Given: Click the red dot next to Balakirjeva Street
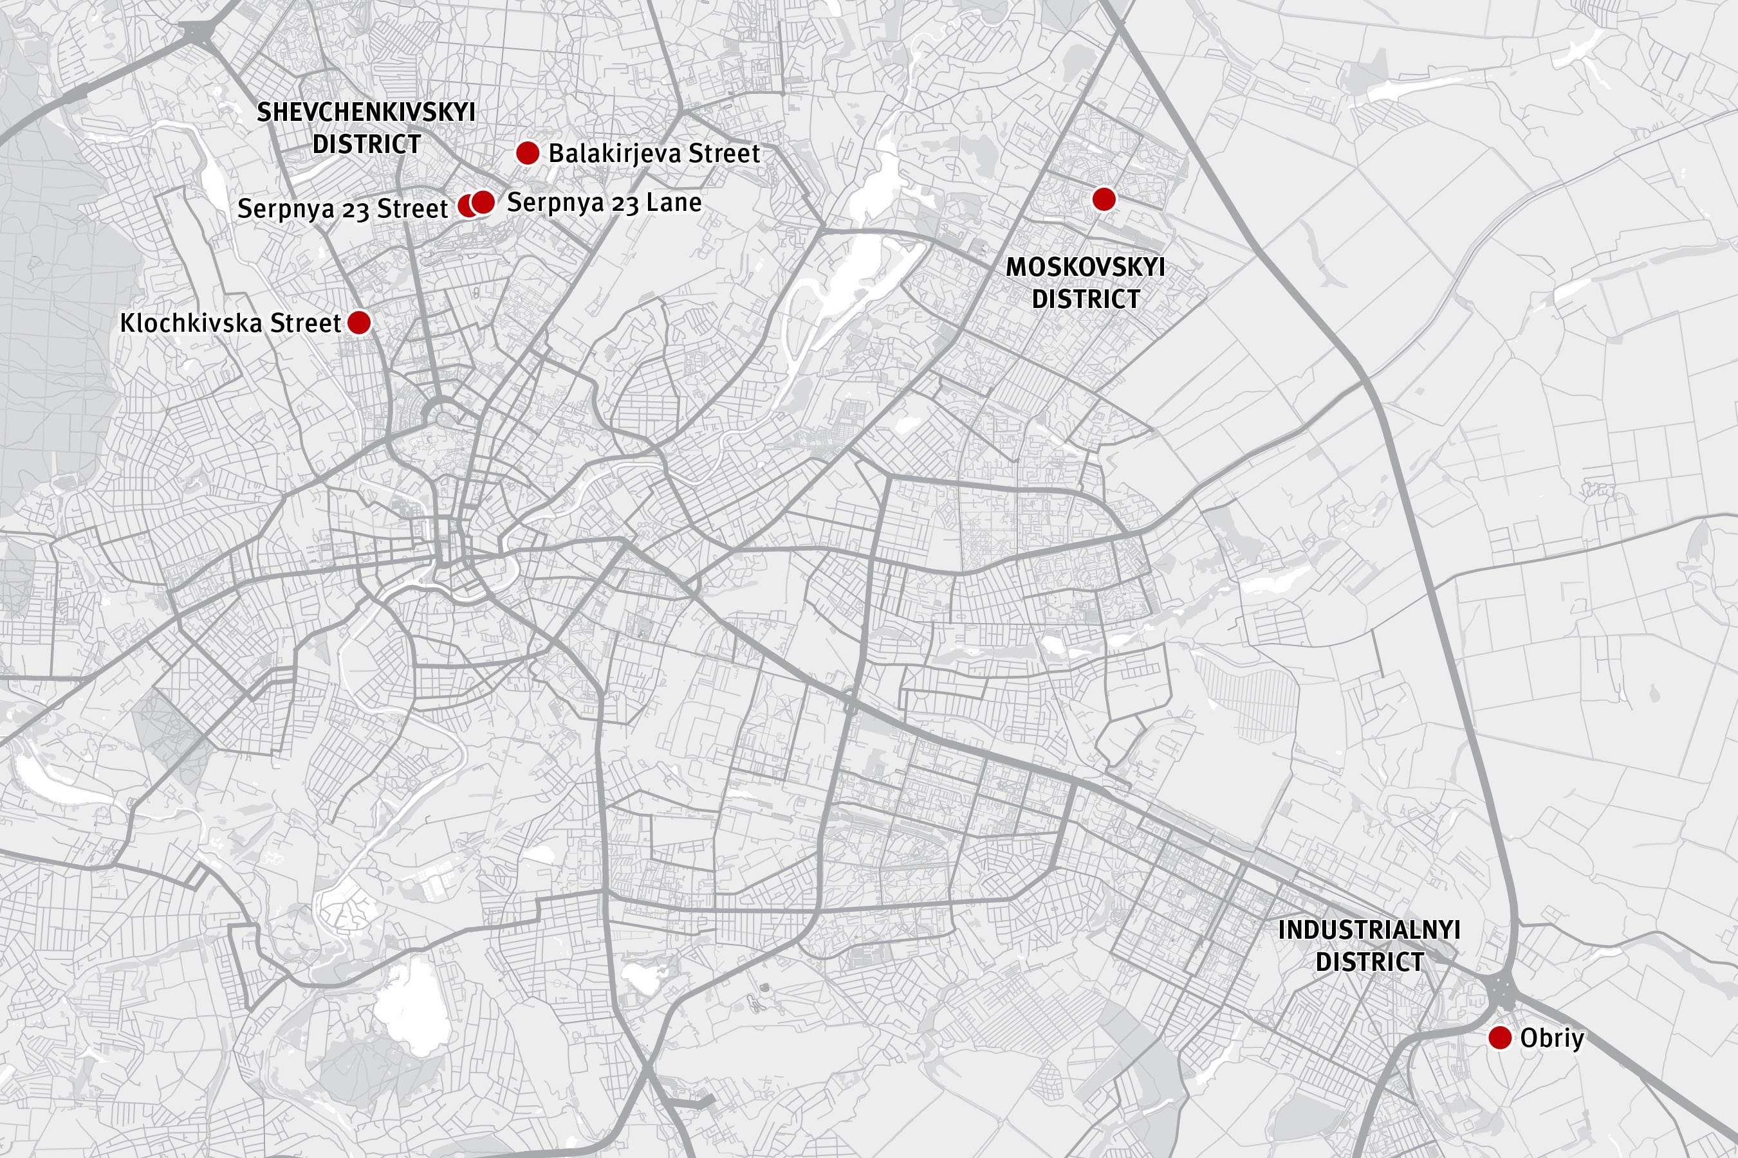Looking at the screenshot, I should point(528,153).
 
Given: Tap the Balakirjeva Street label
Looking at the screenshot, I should point(653,154).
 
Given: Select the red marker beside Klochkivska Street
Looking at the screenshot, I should point(359,322).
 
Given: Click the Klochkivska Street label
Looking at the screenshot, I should point(230,323).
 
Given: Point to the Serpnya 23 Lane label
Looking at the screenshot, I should point(604,203).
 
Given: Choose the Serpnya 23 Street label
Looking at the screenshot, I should point(342,208).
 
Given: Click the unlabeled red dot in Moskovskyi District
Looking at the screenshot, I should point(1104,199).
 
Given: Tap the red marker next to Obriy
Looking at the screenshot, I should point(1500,1038).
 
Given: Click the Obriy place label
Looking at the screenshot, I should point(1552,1038).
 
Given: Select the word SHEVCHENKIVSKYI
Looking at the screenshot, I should point(365,113).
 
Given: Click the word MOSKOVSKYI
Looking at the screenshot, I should point(1085,267).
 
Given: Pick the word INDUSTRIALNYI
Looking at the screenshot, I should point(1369,930).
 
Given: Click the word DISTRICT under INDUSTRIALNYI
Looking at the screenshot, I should point(1369,961).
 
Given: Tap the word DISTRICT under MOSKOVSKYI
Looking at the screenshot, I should point(1085,299).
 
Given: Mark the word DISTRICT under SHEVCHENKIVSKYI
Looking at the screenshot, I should point(367,144).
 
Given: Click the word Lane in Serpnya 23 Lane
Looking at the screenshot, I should point(674,203).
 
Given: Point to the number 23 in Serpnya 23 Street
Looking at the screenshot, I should point(355,210).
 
